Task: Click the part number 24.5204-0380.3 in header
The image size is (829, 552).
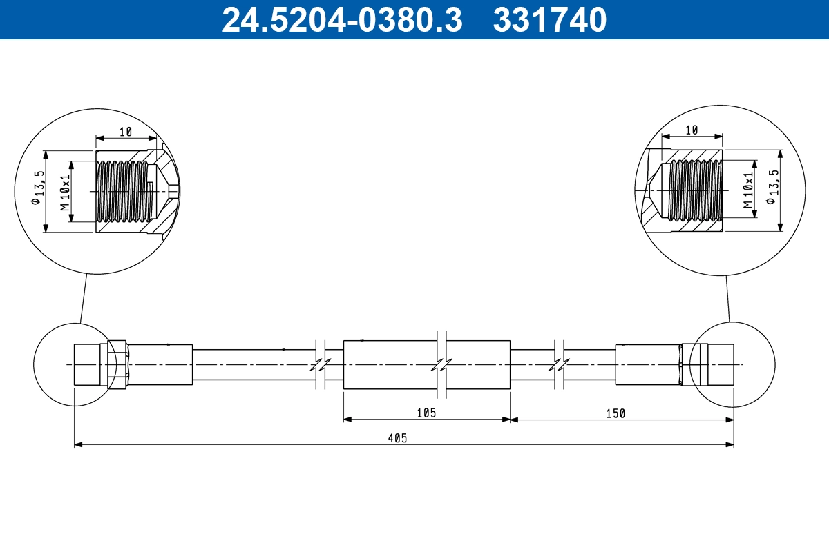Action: click(x=341, y=19)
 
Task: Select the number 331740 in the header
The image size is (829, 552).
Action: click(x=550, y=19)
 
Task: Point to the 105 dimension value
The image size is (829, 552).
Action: click(x=426, y=413)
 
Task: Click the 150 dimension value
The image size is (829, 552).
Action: click(x=615, y=413)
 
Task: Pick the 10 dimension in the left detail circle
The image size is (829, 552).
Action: click(x=125, y=131)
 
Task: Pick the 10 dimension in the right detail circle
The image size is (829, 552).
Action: click(x=692, y=130)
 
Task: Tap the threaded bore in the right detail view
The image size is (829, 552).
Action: click(x=694, y=190)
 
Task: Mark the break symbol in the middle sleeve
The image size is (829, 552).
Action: click(x=440, y=364)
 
